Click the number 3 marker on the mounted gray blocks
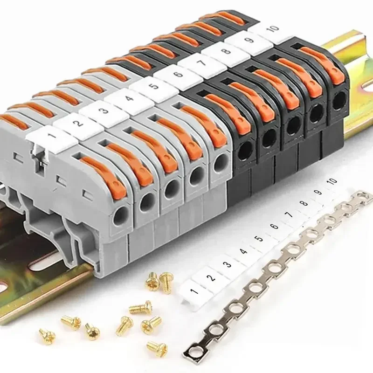[101, 111]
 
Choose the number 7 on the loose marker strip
[288, 215]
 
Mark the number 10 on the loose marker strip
[332, 181]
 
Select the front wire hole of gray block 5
[219, 163]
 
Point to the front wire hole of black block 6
[244, 150]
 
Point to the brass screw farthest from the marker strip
[47, 334]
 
